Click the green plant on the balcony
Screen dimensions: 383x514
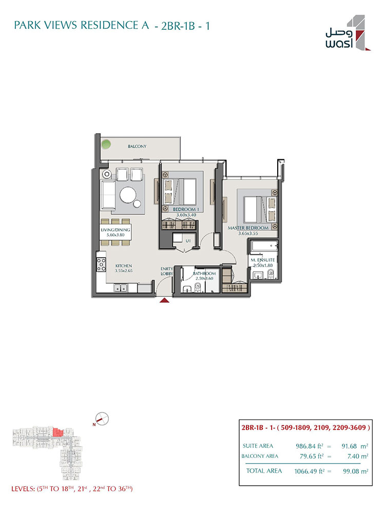pyautogui.click(x=106, y=143)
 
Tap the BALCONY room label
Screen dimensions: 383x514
pyautogui.click(x=137, y=146)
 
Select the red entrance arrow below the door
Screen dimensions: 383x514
pyautogui.click(x=164, y=300)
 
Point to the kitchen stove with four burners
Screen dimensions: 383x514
pyautogui.click(x=101, y=264)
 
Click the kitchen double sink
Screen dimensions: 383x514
pyautogui.click(x=121, y=288)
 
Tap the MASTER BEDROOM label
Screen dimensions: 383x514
pyautogui.click(x=248, y=228)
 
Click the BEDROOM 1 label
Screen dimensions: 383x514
pyautogui.click(x=186, y=209)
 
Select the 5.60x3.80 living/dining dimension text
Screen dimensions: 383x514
pyautogui.click(x=116, y=235)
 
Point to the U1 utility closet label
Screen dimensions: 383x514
pyautogui.click(x=188, y=241)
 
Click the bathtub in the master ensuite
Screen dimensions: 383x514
pyautogui.click(x=263, y=246)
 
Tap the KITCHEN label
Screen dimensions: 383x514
pyautogui.click(x=123, y=266)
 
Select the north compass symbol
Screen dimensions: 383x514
pyautogui.click(x=102, y=419)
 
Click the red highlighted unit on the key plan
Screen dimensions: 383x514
pyautogui.click(x=58, y=432)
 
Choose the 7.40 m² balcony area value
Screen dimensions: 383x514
pyautogui.click(x=357, y=456)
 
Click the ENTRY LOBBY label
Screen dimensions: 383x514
pyautogui.click(x=167, y=271)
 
